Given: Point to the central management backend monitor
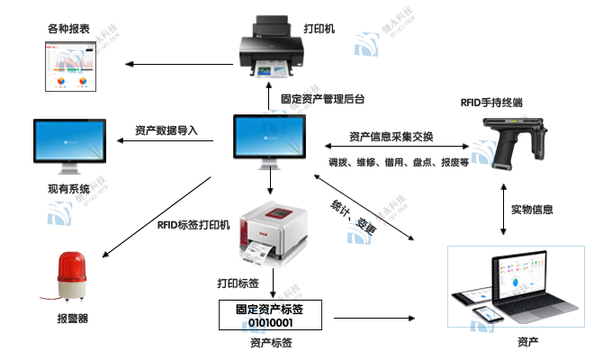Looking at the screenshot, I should [x=270, y=141].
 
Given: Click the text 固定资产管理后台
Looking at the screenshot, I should [x=322, y=98].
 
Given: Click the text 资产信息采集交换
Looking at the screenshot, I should [x=391, y=137].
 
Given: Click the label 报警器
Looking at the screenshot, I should [x=72, y=319].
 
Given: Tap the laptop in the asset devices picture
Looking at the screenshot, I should [x=531, y=285].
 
